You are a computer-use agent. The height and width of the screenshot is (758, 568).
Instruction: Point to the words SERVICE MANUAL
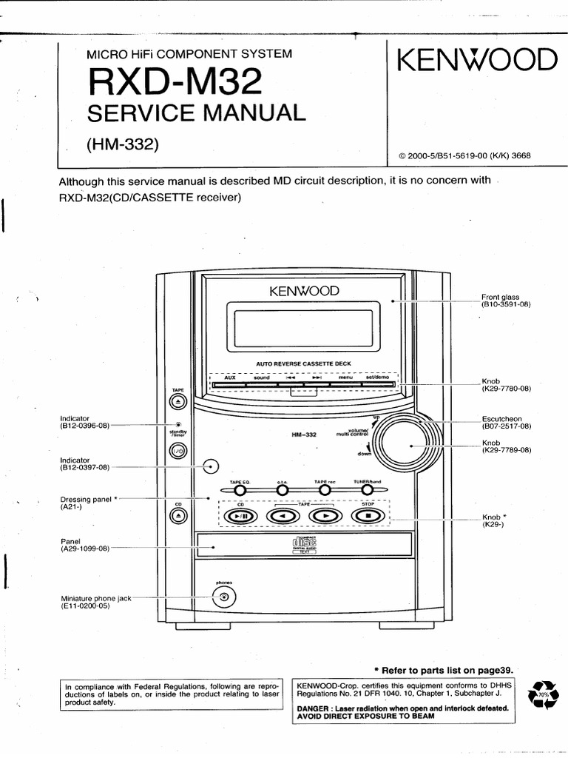[x=196, y=113]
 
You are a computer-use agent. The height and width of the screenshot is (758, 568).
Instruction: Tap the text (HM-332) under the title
[x=123, y=144]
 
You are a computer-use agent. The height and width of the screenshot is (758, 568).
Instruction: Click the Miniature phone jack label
[x=95, y=598]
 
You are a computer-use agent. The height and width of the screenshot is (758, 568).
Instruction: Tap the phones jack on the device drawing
[x=224, y=596]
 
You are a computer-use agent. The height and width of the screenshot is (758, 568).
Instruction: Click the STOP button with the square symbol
[x=368, y=516]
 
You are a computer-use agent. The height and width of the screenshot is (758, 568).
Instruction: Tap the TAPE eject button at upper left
[x=178, y=401]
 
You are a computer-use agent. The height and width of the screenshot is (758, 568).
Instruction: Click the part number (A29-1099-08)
[x=84, y=549]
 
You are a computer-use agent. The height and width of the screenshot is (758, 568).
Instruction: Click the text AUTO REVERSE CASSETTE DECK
[x=303, y=363]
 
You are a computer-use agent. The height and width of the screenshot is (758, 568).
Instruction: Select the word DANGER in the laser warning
[x=314, y=708]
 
